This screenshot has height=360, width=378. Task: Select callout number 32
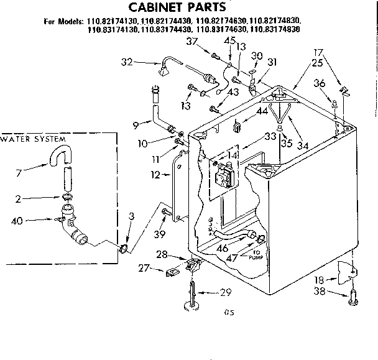(x=127, y=62)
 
